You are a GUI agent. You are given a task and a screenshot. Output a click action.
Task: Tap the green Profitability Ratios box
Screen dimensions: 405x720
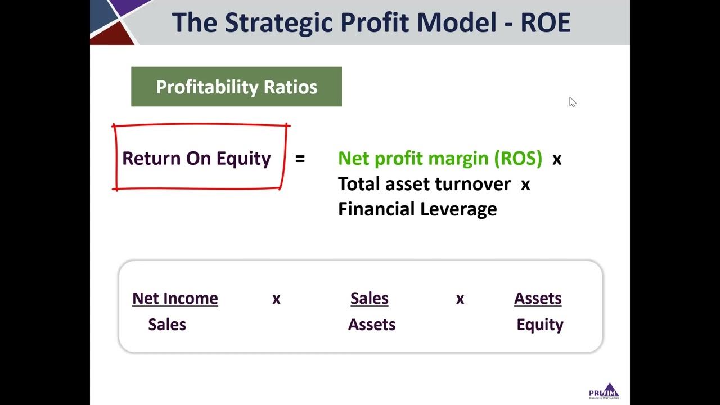pyautogui.click(x=236, y=87)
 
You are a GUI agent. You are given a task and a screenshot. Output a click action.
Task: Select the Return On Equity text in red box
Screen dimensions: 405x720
pyautogui.click(x=196, y=159)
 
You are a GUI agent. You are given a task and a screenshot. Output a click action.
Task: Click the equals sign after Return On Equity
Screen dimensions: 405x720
pyautogui.click(x=300, y=159)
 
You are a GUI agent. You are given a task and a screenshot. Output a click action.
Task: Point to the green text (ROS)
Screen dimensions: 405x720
pyautogui.click(x=518, y=159)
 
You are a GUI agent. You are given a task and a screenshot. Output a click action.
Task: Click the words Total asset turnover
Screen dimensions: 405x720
pyautogui.click(x=424, y=184)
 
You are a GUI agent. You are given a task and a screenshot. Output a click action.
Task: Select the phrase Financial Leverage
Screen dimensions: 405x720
pyautogui.click(x=417, y=209)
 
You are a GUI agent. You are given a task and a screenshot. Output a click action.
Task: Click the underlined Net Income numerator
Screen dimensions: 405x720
pyautogui.click(x=175, y=298)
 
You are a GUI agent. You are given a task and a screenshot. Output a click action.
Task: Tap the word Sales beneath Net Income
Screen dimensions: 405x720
pyautogui.click(x=167, y=325)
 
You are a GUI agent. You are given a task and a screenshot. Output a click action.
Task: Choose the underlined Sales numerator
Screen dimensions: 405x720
pyautogui.click(x=369, y=298)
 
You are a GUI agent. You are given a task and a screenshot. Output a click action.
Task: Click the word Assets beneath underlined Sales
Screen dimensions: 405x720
pyautogui.click(x=372, y=325)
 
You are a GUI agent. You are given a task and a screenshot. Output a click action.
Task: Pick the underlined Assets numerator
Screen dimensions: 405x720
pyautogui.click(x=538, y=298)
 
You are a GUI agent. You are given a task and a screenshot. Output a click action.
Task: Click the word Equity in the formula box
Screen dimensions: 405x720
pyautogui.click(x=540, y=325)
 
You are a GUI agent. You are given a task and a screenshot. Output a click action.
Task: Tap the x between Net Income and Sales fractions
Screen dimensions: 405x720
pyautogui.click(x=276, y=299)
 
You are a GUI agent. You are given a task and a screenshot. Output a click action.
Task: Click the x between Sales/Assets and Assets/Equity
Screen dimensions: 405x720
pyautogui.click(x=460, y=299)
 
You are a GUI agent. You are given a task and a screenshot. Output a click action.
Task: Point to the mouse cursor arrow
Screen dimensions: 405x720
pyautogui.click(x=572, y=101)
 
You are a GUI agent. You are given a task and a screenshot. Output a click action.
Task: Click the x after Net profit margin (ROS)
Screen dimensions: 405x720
pyautogui.click(x=557, y=160)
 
